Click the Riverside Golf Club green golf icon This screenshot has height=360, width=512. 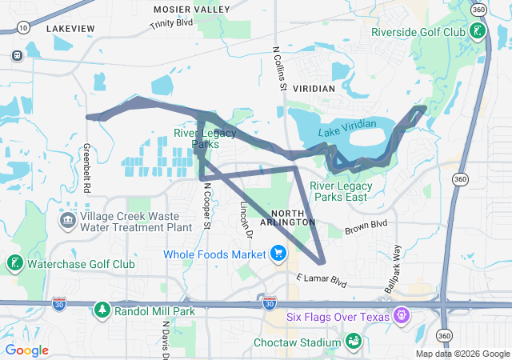tap(477, 32)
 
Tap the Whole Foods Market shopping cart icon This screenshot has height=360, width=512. tap(278, 254)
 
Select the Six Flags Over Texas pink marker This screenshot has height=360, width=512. tap(401, 316)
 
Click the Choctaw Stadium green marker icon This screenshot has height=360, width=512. tap(352, 342)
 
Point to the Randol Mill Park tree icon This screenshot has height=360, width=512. tap(102, 310)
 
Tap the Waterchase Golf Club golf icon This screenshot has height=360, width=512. tap(14, 263)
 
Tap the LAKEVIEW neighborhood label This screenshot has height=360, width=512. tap(70, 28)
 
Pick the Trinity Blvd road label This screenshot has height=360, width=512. tap(172, 25)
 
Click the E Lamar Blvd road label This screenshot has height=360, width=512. tap(321, 281)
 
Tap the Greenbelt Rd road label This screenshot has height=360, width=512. tap(86, 168)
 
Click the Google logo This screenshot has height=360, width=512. tap(27, 350)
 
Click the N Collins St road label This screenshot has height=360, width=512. tap(279, 68)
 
